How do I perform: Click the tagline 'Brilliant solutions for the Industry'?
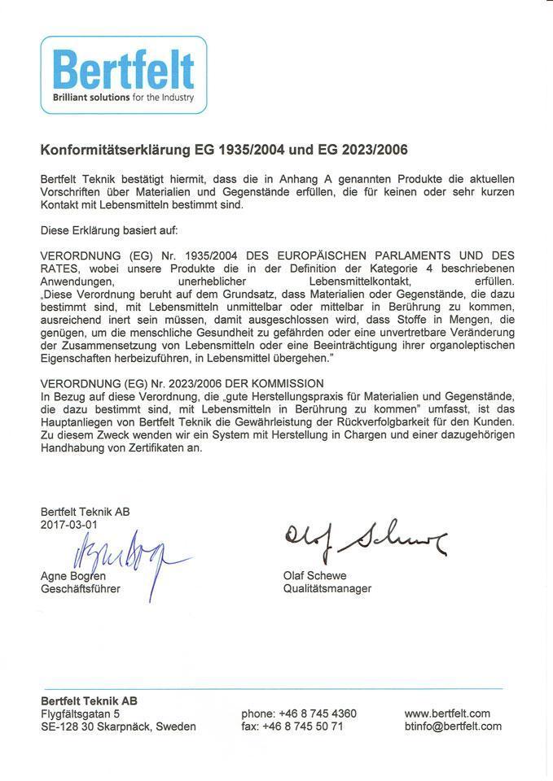pos(123,98)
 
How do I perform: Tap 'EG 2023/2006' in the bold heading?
pos(370,151)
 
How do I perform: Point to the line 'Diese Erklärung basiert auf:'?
pos(103,230)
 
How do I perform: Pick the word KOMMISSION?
pos(286,383)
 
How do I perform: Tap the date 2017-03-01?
pos(68,525)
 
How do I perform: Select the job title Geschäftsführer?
pos(80,589)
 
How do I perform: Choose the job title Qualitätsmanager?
pos(327,588)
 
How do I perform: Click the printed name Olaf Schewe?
pos(314,576)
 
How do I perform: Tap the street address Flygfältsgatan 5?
pos(81,713)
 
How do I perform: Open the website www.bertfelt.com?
pos(447,713)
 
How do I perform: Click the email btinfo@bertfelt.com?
pos(453,726)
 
